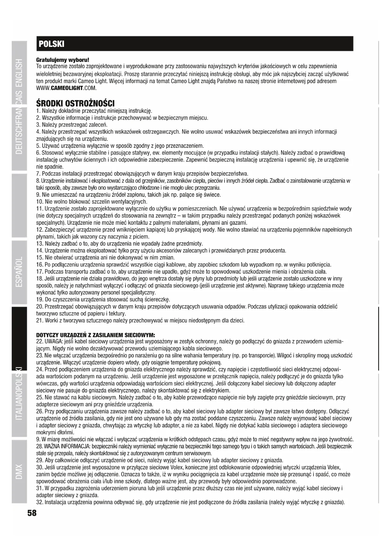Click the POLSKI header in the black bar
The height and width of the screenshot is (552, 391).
51,44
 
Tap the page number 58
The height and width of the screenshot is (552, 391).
32,513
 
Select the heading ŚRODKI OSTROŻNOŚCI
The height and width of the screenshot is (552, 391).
76,103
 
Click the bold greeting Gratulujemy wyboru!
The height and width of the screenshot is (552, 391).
63,60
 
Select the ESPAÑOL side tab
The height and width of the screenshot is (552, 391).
19,271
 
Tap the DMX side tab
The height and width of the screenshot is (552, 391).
19,471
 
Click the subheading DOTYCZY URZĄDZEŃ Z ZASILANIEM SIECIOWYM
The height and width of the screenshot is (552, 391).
95,335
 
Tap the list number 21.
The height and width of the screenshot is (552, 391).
39,321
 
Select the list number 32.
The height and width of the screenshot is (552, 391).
39,502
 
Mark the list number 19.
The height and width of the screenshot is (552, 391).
39,300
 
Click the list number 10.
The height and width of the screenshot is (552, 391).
39,202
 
